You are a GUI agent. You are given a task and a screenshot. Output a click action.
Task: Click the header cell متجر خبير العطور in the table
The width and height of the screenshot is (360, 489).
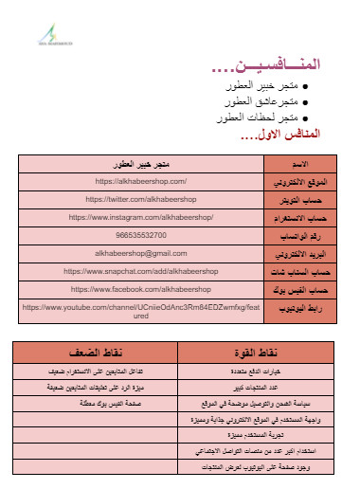[141, 163]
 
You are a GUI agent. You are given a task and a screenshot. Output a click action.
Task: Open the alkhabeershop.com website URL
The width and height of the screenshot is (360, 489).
[141, 180]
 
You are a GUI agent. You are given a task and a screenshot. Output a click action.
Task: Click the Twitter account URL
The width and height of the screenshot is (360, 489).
[141, 199]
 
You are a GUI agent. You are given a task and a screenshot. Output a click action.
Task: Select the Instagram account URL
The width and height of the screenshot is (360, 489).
[141, 217]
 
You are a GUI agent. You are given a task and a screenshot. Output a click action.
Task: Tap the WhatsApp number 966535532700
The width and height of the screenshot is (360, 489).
[141, 234]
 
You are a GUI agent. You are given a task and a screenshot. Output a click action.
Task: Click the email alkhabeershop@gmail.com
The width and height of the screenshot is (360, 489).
[141, 253]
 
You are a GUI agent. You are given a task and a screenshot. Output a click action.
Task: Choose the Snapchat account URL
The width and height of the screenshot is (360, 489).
[141, 270]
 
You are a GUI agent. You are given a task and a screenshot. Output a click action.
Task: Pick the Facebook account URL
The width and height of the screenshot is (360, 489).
[141, 288]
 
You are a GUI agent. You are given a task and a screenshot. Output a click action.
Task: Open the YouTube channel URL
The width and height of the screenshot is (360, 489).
[141, 311]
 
